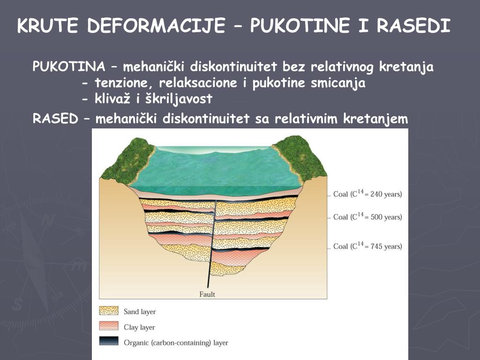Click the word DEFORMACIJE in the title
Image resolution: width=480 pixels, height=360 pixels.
coord(156,26)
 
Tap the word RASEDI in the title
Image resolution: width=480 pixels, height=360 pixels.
coord(413,26)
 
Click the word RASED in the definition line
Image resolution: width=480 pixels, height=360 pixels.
coord(55,120)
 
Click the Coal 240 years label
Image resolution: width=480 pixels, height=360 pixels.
coord(367,194)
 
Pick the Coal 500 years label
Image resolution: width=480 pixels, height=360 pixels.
coord(367,217)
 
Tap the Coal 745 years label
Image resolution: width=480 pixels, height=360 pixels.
coord(367,246)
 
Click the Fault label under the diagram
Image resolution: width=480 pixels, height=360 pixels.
coord(207,294)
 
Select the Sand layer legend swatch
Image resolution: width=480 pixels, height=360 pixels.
coord(109,311)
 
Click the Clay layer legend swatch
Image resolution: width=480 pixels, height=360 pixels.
coord(109,326)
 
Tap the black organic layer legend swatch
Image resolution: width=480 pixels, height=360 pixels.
coord(109,342)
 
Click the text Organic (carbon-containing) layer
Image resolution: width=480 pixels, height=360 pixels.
coord(176,343)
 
